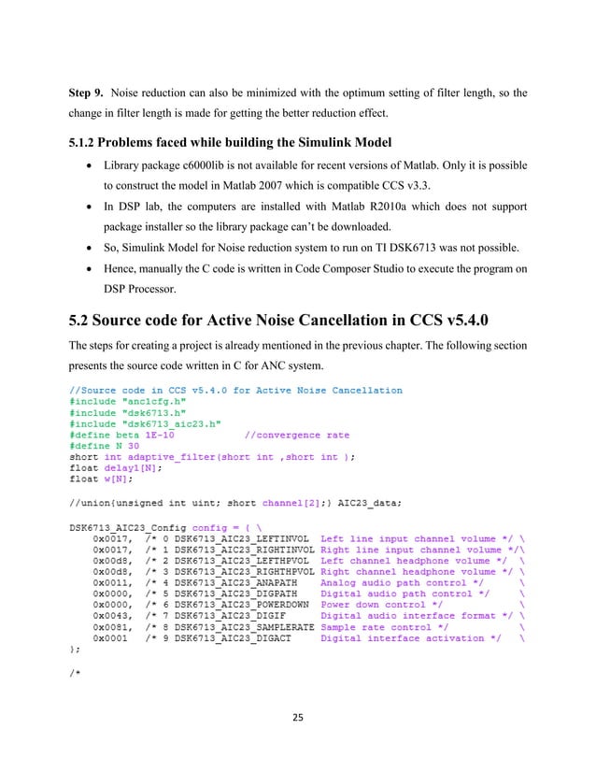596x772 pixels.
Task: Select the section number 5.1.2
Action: [89, 143]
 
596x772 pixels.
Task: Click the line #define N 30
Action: [104, 445]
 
